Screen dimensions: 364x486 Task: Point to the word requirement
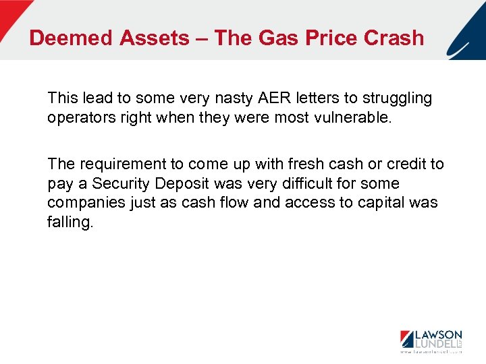point(119,164)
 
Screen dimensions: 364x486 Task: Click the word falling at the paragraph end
point(70,221)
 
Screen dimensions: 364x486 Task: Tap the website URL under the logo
point(431,353)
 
